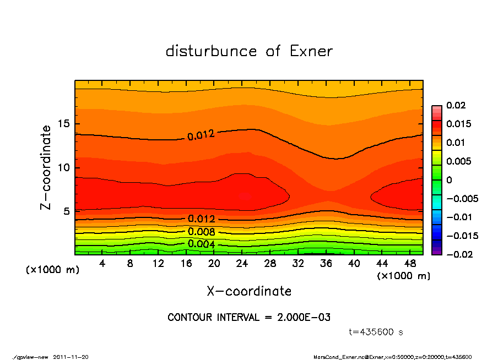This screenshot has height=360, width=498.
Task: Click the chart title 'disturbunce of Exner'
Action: [x=249, y=51]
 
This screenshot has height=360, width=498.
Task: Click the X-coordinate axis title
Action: [x=249, y=291]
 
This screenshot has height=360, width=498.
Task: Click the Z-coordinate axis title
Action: [x=46, y=167]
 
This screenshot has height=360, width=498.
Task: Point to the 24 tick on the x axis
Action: [x=242, y=264]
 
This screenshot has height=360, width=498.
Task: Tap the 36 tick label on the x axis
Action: [x=326, y=264]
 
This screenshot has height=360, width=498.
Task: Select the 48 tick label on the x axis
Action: [x=410, y=264]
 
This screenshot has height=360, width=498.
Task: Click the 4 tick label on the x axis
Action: [x=102, y=264]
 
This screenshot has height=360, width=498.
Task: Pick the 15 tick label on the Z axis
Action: [x=64, y=124]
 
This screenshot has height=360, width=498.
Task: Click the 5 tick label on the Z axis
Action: [x=67, y=211]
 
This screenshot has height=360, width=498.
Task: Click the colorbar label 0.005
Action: [x=458, y=161]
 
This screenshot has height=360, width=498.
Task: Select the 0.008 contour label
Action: [x=202, y=231]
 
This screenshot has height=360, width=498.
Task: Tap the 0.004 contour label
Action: [x=202, y=244]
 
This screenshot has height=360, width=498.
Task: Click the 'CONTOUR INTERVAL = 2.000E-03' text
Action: [x=249, y=318]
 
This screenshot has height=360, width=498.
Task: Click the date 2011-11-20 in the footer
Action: [x=71, y=357]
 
